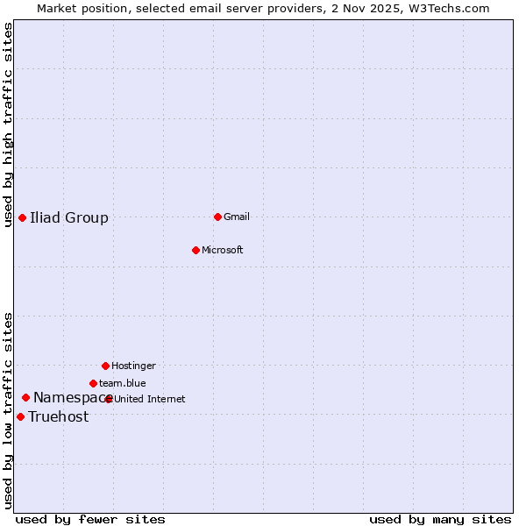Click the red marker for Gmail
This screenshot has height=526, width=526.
217,217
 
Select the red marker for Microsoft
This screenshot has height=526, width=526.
195,250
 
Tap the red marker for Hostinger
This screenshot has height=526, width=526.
105,366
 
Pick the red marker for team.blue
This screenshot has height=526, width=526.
93,383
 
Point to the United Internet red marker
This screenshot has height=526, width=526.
109,399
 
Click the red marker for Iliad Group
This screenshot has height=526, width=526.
22,217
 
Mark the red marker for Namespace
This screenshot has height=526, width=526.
25,397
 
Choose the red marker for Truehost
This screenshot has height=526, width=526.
20,416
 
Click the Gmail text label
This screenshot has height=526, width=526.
237,217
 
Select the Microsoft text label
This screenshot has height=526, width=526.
223,250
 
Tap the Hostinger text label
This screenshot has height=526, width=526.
133,366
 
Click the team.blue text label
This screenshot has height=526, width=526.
123,383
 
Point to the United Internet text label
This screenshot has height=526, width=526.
150,399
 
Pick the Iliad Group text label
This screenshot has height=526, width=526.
69,217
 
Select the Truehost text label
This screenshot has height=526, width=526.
59,416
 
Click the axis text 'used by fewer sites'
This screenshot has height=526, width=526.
90,519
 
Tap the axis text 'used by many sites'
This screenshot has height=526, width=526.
440,519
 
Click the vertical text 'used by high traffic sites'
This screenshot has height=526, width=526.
8,124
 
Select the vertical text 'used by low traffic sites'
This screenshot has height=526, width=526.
8,409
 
